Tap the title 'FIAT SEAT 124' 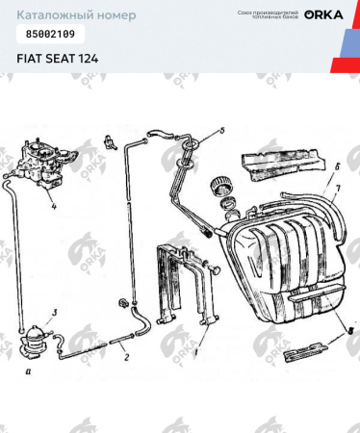point(56,58)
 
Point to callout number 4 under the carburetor point(54,206)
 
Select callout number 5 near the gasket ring point(220,129)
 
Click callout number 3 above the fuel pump point(54,312)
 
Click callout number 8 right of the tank point(349,329)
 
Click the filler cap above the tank point(223,184)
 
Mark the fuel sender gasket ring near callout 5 point(196,146)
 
